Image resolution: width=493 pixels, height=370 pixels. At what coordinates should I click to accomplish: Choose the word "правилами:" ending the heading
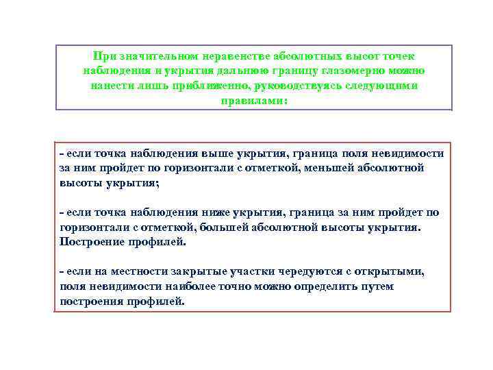[x=254, y=101]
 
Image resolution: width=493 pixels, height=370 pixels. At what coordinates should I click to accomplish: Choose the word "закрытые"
[x=192, y=271]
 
